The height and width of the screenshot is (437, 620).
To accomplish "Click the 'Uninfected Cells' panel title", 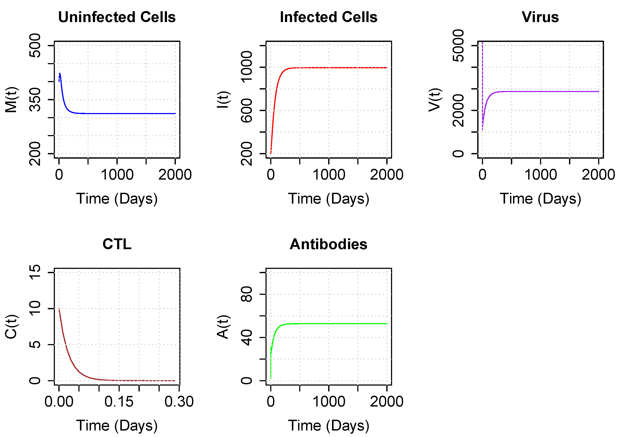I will point(117,17).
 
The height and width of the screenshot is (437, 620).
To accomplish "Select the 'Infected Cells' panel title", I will point(329,17).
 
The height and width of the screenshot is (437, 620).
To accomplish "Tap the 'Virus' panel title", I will point(540,17).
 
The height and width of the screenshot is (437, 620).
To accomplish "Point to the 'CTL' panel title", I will point(117,244).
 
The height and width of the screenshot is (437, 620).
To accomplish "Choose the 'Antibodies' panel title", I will point(329,244).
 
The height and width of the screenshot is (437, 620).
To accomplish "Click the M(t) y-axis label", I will point(11,100).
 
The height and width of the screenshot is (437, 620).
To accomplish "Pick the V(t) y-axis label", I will point(435,100).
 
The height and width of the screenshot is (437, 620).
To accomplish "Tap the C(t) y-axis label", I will point(11,327).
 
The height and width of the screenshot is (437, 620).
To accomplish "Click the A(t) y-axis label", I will point(223,327).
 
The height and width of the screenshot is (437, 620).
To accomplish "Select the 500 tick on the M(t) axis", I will point(35,46).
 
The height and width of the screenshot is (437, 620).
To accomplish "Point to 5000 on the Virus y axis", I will point(458,46).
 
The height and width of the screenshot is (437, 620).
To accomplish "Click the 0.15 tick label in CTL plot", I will point(119,402).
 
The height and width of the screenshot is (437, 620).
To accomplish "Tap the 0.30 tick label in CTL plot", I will point(179,402).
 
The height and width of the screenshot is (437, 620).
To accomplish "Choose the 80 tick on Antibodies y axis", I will point(247,294).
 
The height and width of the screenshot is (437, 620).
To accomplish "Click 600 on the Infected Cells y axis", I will point(247,110).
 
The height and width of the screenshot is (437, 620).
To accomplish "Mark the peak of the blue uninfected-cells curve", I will point(60,73).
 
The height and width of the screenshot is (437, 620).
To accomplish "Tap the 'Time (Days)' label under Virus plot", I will point(540,199).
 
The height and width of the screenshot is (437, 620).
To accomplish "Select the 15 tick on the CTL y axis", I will point(35,272).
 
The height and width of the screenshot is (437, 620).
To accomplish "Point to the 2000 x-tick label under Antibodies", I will point(386,402).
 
